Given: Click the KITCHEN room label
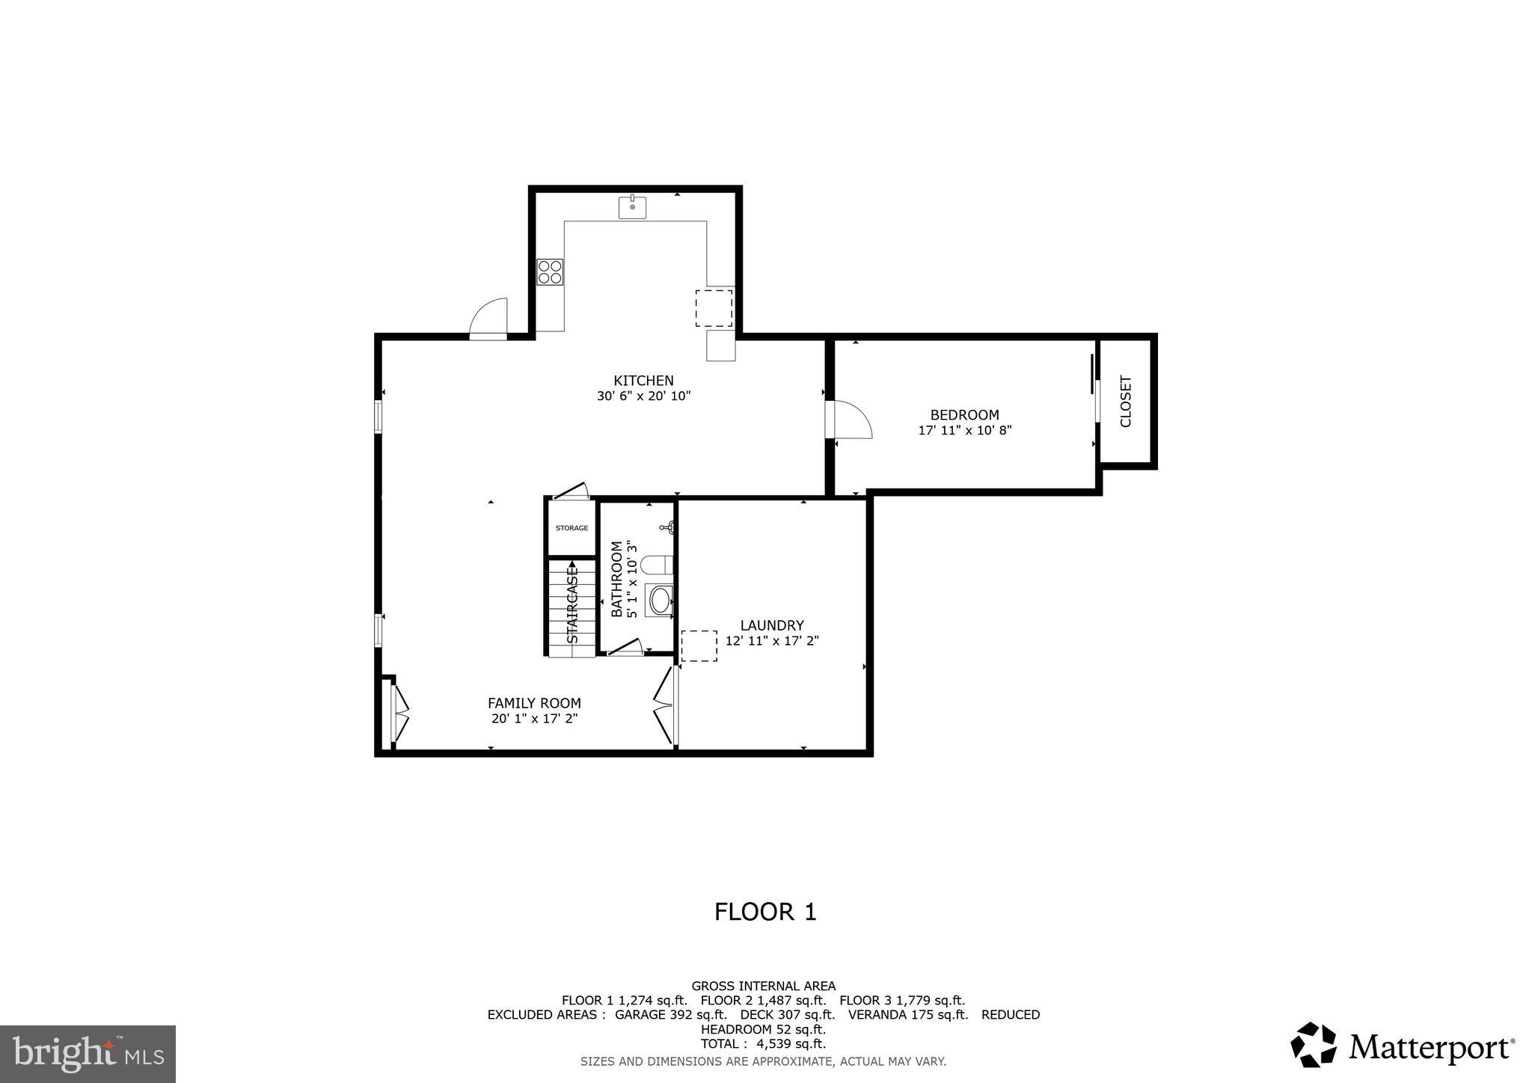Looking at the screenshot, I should (643, 381).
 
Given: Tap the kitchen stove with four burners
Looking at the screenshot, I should (550, 271).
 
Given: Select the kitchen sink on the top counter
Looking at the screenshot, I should (632, 207).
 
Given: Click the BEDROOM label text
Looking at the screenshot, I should (964, 415).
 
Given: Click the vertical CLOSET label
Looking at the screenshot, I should (1126, 402).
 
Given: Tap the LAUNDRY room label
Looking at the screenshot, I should (772, 625).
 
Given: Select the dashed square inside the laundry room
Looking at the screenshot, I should (699, 645).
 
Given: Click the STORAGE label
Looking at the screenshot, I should (572, 528).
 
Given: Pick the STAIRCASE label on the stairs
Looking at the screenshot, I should (573, 606).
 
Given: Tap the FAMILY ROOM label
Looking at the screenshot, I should (534, 703).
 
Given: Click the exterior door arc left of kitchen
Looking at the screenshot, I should (488, 317).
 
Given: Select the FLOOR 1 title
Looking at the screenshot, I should (765, 912).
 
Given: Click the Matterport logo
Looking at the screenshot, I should (1403, 1046).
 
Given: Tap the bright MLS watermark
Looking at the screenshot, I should (88, 1054).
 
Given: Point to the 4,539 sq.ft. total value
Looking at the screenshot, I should (794, 1044).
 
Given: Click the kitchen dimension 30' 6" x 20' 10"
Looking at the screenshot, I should (643, 396).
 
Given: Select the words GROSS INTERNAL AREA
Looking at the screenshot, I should (763, 987).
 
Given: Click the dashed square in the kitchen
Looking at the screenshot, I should (714, 308).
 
